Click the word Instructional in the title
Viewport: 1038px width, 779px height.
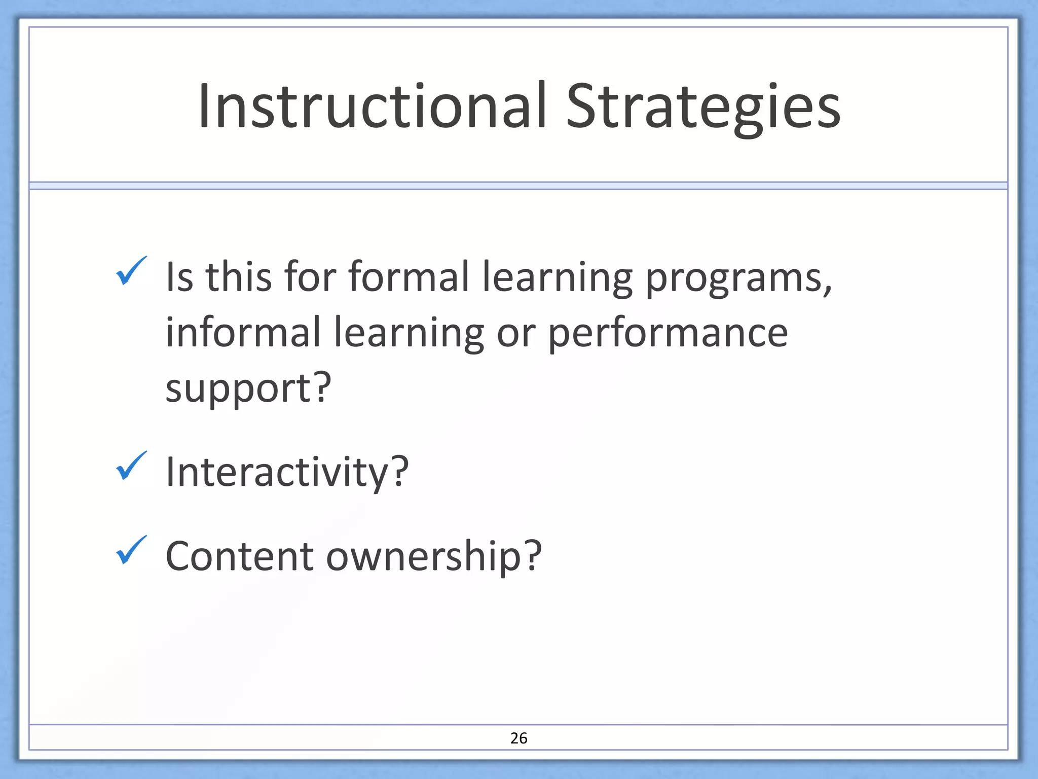(373, 107)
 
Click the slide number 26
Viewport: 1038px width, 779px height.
(518, 738)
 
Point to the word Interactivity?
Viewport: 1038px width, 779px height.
(287, 472)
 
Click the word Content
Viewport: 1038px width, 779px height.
(239, 556)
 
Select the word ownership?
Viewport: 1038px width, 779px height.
(434, 557)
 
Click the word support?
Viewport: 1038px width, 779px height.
(248, 388)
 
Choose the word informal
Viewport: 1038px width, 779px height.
(243, 332)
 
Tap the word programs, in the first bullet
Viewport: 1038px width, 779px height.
(738, 279)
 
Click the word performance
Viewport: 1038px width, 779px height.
(668, 334)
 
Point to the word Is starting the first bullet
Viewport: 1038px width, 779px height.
(179, 277)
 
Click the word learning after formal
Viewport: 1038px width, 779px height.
(557, 279)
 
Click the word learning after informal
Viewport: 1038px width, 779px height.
(409, 334)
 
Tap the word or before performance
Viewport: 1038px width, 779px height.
(516, 334)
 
